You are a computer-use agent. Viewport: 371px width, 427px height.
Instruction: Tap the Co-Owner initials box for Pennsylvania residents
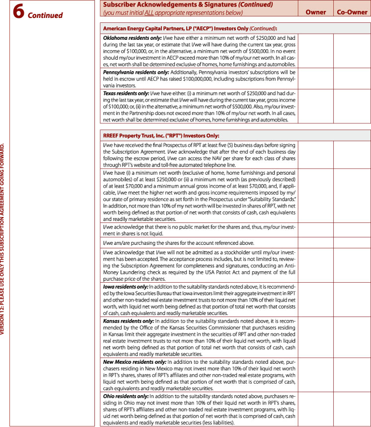tap(352, 78)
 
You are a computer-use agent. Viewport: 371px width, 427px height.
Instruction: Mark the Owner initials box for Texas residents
tap(316, 106)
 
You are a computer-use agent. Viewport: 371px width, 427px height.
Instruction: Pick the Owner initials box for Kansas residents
tap(316, 336)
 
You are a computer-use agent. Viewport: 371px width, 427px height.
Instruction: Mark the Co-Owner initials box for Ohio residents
tap(352, 409)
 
